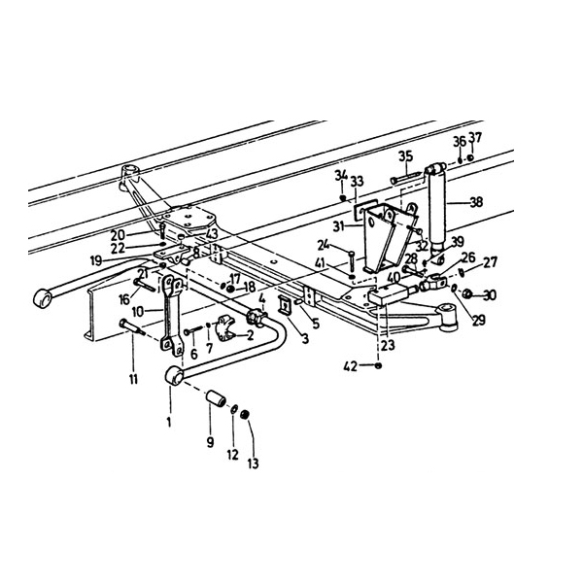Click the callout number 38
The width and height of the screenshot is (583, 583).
(x=476, y=203)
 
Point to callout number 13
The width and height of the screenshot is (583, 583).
(x=253, y=463)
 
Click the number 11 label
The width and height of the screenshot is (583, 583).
(x=134, y=377)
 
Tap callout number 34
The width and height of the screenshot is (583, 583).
(x=340, y=175)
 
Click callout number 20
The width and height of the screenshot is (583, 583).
(x=144, y=234)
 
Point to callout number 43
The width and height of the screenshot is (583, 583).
(x=212, y=233)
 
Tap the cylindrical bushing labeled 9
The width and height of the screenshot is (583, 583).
(x=216, y=399)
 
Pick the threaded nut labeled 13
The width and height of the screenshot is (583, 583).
(x=246, y=417)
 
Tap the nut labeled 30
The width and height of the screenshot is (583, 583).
(x=467, y=293)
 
